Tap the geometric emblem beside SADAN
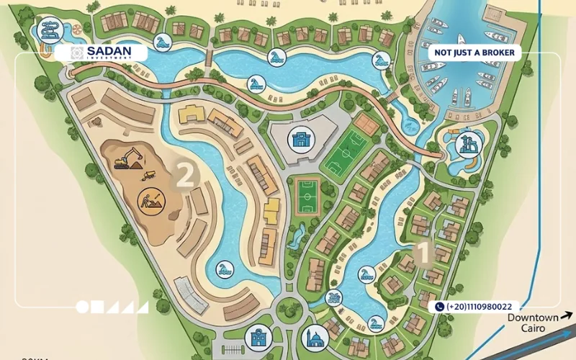[x=78, y=53]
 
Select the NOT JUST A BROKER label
[x=474, y=53]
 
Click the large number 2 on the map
[x=184, y=175]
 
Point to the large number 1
[x=423, y=253]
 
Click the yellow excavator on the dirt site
[x=127, y=158]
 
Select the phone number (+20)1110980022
[x=479, y=307]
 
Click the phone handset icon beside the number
[x=439, y=307]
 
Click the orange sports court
[x=367, y=125]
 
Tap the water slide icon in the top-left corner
[x=49, y=30]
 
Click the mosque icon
[x=315, y=337]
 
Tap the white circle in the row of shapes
[x=82, y=307]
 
